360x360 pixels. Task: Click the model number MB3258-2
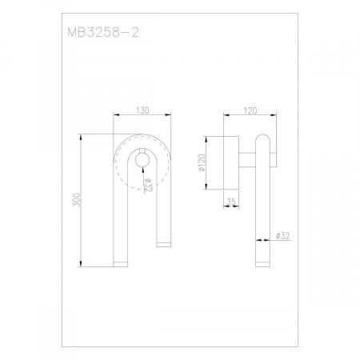[103, 33]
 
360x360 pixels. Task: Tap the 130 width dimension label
[142, 110]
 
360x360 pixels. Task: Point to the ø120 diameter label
[202, 162]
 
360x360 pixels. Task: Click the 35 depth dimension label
[231, 202]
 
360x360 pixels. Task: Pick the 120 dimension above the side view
[250, 110]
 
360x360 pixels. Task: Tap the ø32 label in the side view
[282, 236]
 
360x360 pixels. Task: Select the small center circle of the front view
[142, 161]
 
